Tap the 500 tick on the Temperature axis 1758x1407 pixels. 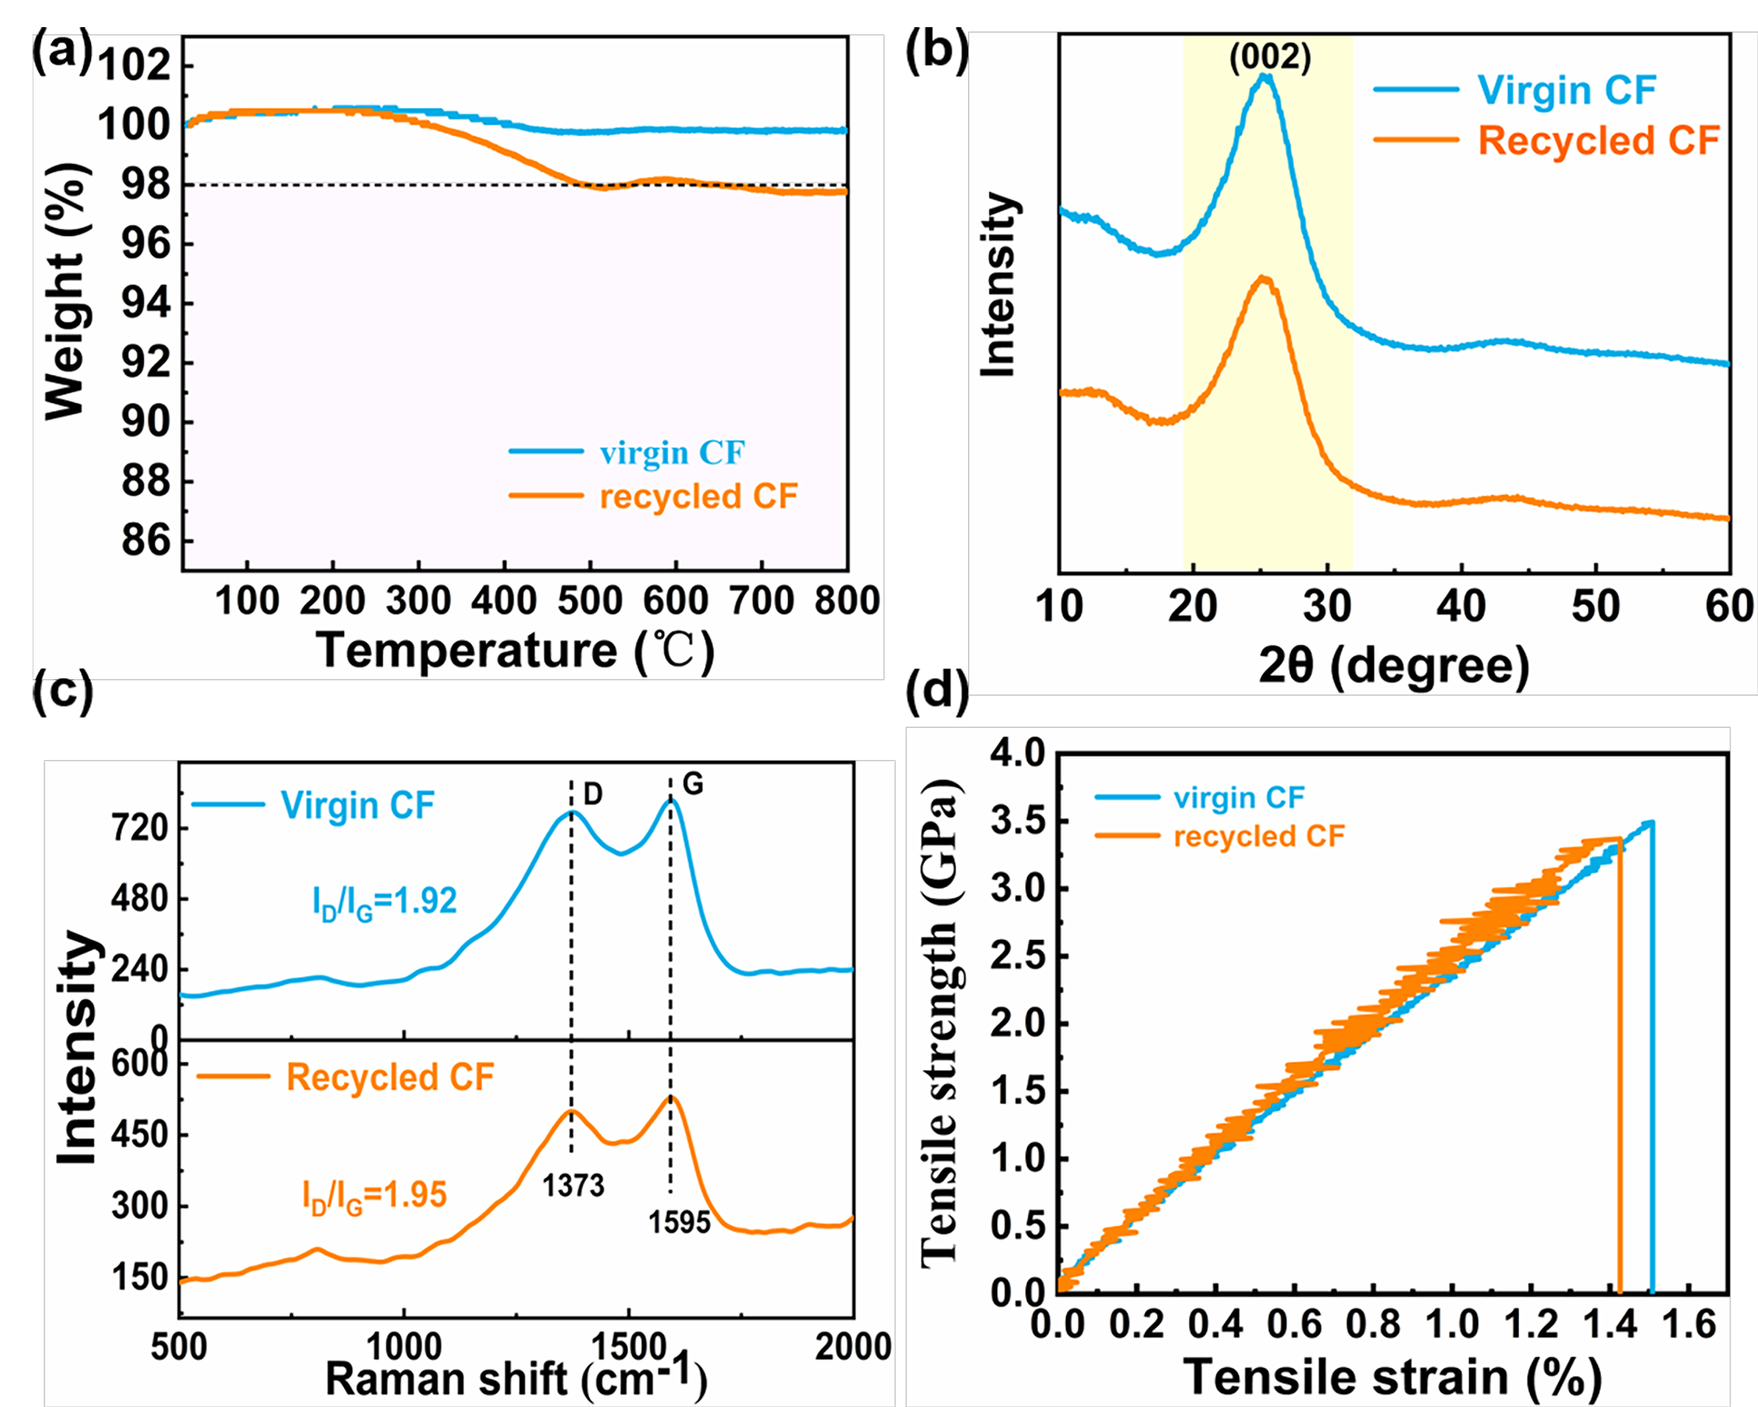click(590, 601)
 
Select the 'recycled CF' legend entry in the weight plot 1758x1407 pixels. click(699, 496)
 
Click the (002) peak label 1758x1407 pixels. click(1270, 58)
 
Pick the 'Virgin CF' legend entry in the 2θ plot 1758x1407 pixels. click(1566, 90)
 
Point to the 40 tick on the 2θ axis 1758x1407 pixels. click(1461, 607)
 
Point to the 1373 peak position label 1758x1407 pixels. click(574, 1186)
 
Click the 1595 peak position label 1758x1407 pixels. click(679, 1222)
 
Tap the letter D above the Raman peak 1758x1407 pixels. click(593, 794)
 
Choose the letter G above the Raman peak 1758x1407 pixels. click(693, 784)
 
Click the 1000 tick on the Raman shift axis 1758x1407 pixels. click(404, 1347)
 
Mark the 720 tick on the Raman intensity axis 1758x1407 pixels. click(140, 828)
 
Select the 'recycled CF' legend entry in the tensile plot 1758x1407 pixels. click(1259, 837)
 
